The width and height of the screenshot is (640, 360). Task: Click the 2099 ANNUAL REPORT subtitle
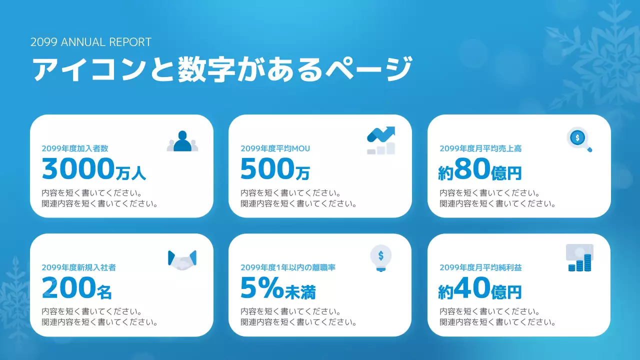[90, 42]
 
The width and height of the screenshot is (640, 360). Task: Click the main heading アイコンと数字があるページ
[222, 69]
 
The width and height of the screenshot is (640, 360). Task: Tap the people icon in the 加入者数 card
[182, 141]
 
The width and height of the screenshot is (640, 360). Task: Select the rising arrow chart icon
[381, 140]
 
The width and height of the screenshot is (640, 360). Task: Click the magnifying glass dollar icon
[579, 139]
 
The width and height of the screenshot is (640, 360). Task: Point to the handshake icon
[182, 259]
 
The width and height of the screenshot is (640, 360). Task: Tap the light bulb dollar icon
[380, 258]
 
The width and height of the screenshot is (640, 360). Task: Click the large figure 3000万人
[94, 169]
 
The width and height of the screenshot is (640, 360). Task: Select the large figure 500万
[275, 169]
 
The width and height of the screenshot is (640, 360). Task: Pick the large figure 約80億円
[480, 170]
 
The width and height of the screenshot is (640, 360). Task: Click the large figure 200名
[77, 288]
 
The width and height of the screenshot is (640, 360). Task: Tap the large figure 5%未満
[278, 288]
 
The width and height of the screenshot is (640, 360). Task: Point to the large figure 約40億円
[480, 289]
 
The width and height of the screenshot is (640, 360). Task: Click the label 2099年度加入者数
[75, 148]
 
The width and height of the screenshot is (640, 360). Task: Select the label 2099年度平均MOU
[275, 148]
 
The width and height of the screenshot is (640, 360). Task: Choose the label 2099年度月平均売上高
[480, 148]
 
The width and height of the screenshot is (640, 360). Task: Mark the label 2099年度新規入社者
[79, 267]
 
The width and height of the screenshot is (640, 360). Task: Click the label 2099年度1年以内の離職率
[288, 267]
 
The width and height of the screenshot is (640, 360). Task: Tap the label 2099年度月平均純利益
[480, 267]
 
